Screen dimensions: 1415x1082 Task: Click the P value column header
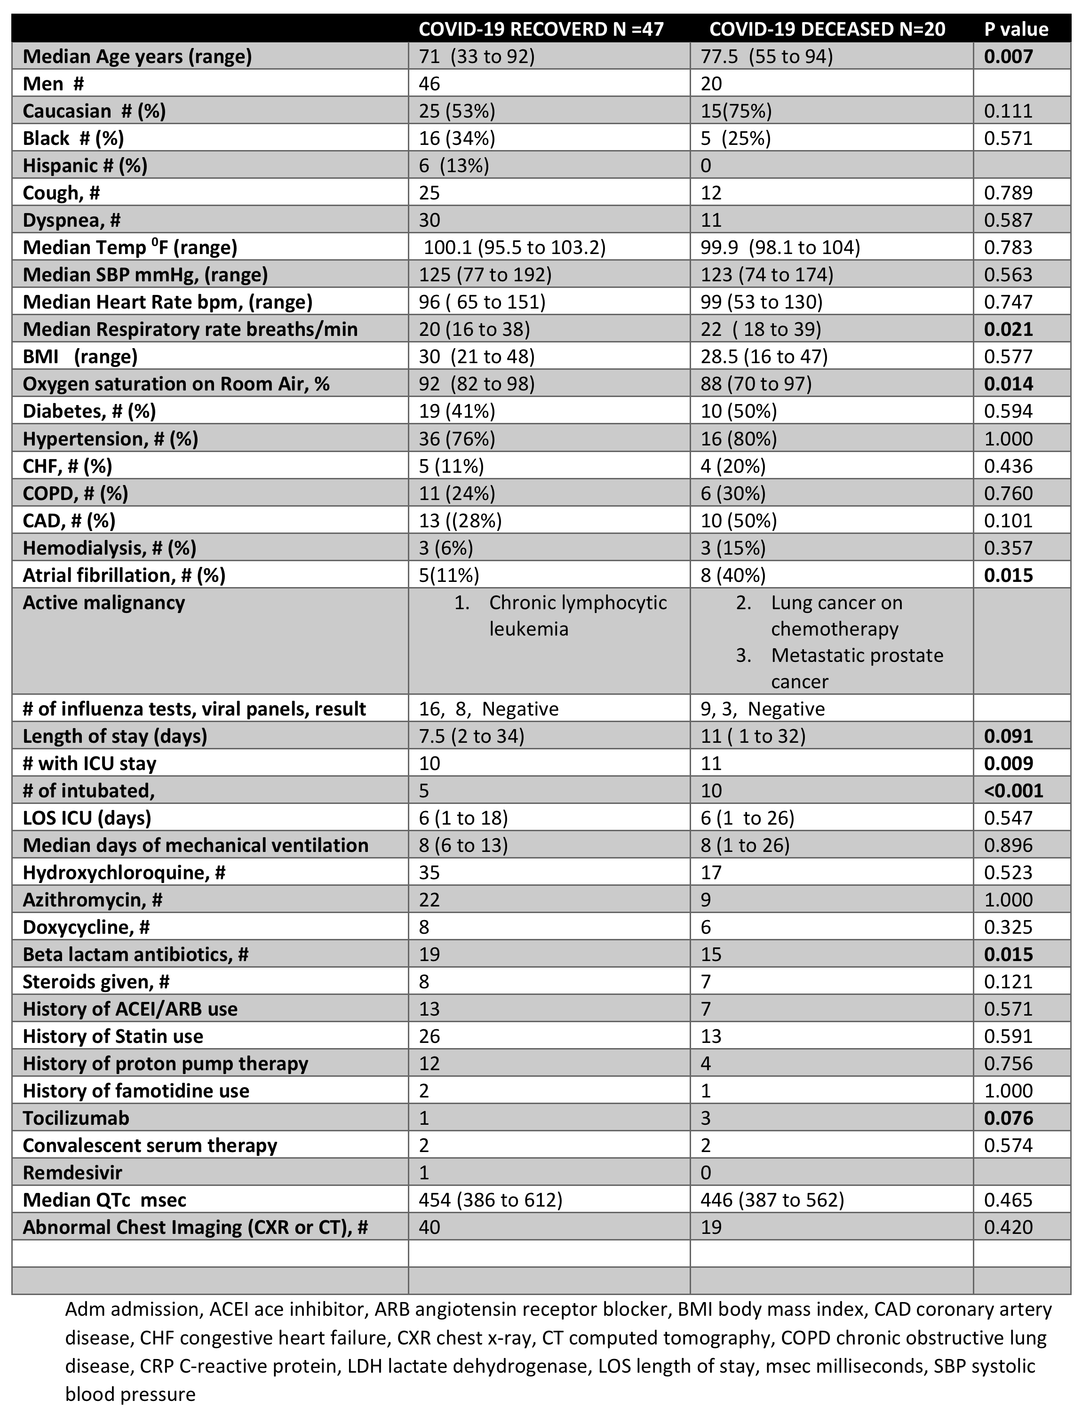click(1016, 29)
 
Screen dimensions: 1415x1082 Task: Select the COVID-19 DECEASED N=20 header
click(827, 29)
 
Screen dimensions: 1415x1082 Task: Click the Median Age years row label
click(137, 56)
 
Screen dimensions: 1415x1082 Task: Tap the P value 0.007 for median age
click(1008, 56)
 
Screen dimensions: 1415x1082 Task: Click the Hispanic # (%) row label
click(85, 166)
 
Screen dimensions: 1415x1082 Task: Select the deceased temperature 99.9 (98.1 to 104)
click(780, 247)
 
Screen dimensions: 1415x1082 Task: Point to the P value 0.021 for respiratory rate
click(1008, 329)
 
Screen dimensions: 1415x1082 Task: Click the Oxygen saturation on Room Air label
click(176, 384)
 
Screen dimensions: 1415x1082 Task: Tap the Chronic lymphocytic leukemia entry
click(577, 615)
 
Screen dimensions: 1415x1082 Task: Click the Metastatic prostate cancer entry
click(857, 668)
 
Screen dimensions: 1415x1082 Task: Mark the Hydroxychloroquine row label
click(124, 872)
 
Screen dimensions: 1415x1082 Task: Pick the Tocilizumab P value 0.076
click(1008, 1118)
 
